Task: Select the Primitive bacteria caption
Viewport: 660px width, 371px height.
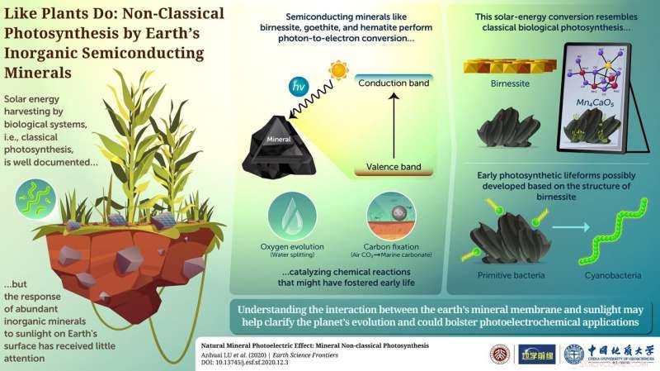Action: (x=502, y=278)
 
